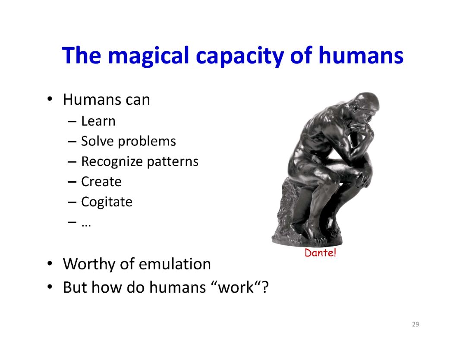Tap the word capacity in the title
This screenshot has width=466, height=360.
click(x=240, y=56)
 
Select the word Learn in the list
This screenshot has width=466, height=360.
click(x=98, y=121)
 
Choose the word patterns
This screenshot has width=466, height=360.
click(x=172, y=162)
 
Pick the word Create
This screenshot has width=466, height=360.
click(x=101, y=182)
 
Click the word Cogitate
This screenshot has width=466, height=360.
click(x=107, y=202)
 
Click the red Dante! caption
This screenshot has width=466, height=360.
click(x=320, y=253)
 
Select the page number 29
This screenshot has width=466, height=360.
click(x=416, y=324)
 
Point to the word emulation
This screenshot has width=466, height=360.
click(x=175, y=264)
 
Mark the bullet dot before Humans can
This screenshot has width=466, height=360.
click(x=50, y=98)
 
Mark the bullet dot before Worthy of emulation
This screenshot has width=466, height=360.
click(x=50, y=263)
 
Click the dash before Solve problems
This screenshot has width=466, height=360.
click(x=72, y=142)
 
